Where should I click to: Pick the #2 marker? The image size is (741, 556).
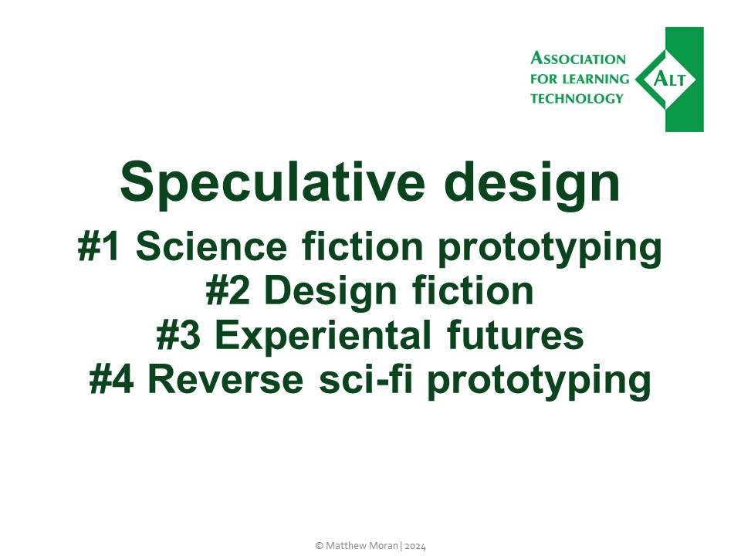coord(230,292)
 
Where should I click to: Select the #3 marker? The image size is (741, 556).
coord(179,336)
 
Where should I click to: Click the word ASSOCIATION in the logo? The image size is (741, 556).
coord(578,59)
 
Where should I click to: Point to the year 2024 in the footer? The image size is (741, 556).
coord(415,545)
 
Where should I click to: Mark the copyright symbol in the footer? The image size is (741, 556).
coord(319,545)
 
